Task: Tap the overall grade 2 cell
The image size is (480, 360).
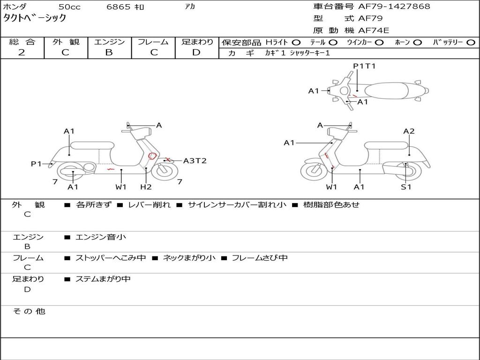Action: point(22,52)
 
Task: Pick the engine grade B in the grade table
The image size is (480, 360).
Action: point(109,52)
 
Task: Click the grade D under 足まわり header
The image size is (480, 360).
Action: point(196,52)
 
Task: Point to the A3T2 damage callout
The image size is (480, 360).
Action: point(195,161)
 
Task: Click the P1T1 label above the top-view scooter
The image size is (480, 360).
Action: point(364,66)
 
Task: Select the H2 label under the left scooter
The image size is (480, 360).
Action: point(146,187)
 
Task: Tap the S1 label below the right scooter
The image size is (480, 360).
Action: point(406,187)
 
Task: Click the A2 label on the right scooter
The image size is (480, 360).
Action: point(409,131)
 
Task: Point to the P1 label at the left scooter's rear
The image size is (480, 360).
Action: point(36,164)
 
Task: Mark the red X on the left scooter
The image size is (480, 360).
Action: point(167,160)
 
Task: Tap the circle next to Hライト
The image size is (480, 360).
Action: point(296,43)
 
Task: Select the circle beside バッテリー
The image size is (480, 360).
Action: point(471,43)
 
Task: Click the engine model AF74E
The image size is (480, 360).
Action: point(374,30)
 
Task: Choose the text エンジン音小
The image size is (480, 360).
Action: point(101,237)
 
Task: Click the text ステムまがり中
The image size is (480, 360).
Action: point(103,279)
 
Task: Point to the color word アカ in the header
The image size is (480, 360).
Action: point(190,7)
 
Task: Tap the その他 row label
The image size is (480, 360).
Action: point(29,311)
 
